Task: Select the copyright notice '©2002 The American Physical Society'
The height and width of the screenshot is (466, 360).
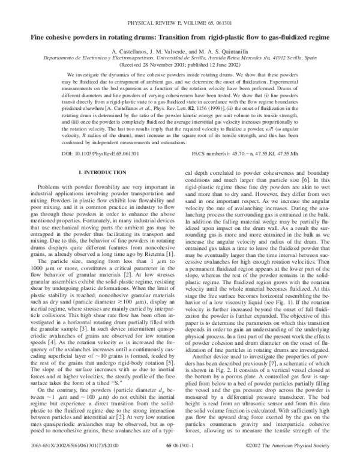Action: [x=287, y=457]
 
